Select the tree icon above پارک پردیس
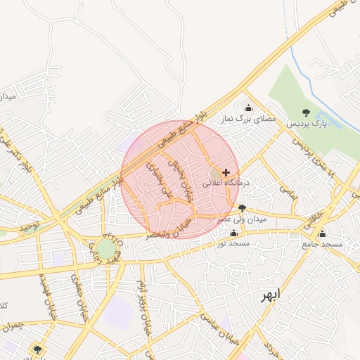(x=305, y=112)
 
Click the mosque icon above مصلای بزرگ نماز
(x=247, y=108)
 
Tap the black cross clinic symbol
(x=226, y=172)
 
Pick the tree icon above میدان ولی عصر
(x=243, y=208)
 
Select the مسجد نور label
(x=233, y=243)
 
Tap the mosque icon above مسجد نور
(x=233, y=232)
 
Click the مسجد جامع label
(x=322, y=244)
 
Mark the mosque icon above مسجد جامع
(x=322, y=233)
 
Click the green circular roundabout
(x=105, y=248)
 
